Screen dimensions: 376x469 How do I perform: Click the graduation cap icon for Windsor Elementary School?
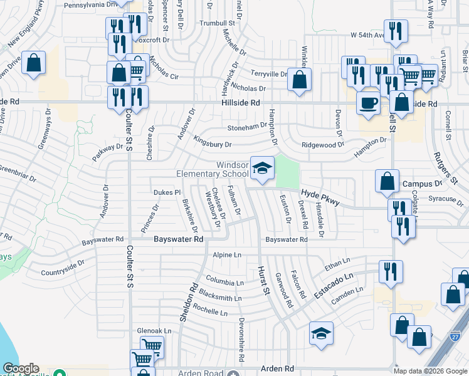point(263,168)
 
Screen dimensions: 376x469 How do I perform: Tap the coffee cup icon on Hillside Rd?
point(368,102)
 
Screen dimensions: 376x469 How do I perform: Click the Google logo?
point(21,368)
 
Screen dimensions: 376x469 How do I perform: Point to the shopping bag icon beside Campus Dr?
point(387,181)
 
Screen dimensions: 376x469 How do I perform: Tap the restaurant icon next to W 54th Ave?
point(396,31)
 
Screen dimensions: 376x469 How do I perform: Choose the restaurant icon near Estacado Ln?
point(389,272)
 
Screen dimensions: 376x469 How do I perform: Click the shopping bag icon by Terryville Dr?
point(300,80)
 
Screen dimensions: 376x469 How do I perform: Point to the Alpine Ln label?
point(227,255)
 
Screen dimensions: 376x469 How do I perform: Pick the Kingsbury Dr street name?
point(213,144)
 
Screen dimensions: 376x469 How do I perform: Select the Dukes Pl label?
point(167,193)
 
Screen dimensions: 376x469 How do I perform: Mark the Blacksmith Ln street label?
point(220,296)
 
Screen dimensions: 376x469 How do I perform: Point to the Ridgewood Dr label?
point(323,144)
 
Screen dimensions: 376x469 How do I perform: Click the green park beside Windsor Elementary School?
point(287,171)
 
